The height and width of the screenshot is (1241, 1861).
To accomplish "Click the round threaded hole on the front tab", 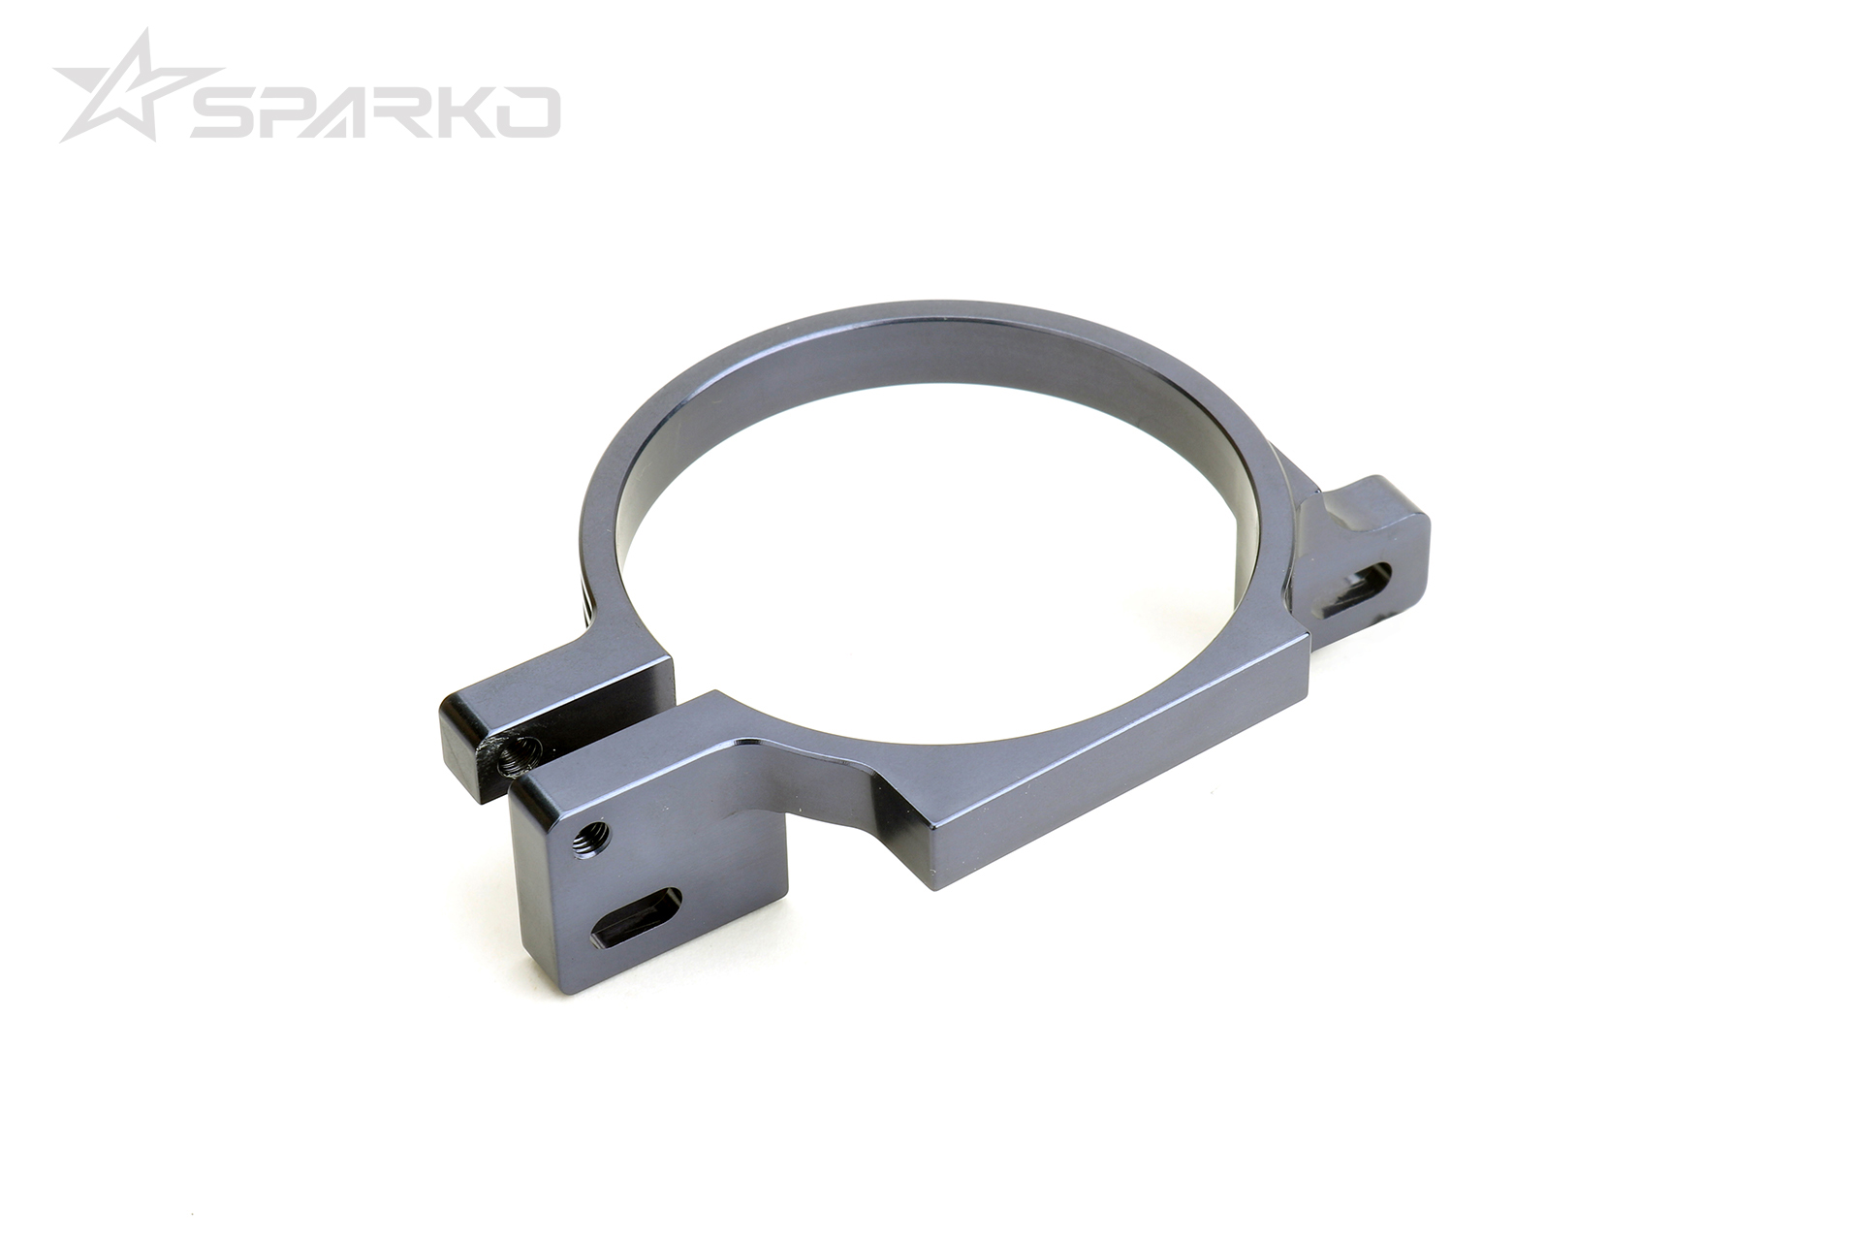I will tap(589, 834).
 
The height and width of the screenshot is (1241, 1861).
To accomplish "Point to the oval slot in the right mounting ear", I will tap(1357, 588).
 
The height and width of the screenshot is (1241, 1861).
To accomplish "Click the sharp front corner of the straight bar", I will tap(933, 886).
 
